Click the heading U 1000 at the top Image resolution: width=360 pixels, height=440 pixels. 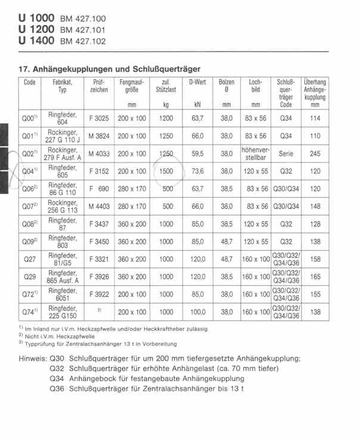[37, 17]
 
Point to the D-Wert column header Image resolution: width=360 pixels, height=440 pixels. [197, 82]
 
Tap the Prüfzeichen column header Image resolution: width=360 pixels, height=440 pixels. [99, 86]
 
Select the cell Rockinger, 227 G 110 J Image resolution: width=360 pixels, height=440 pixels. [63, 136]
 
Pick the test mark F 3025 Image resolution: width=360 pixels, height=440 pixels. [99, 118]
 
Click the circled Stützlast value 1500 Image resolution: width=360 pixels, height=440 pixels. [166, 171]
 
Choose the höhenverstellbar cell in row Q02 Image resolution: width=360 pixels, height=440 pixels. [256, 154]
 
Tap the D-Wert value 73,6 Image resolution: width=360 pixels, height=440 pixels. [197, 171]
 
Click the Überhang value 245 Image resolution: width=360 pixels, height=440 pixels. [315, 154]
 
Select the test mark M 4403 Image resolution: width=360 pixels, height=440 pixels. [99, 207]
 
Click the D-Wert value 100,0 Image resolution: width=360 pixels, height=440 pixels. [197, 312]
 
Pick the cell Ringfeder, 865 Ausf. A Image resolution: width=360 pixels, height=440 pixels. [63, 277]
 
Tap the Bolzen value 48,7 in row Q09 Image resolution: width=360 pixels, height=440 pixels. [226, 242]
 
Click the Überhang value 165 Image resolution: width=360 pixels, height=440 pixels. [315, 277]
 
